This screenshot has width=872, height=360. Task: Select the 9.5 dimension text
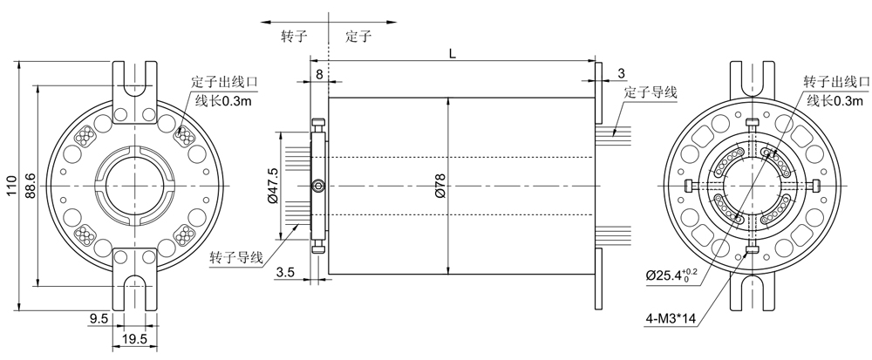point(99,319)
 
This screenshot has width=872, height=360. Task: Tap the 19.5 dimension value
point(134,338)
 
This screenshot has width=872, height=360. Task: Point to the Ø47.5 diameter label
point(273,184)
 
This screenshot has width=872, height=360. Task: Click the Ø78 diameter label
point(439,184)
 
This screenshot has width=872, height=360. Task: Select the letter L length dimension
point(452,54)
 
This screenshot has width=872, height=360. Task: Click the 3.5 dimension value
point(284,273)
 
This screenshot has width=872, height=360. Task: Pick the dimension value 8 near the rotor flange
point(319,75)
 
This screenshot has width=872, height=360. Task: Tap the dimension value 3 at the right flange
point(621,71)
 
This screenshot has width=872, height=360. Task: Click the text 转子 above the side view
point(292,37)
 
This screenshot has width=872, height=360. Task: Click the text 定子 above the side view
point(358,37)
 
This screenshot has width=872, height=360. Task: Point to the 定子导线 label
point(651,92)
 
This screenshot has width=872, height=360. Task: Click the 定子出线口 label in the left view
point(226,83)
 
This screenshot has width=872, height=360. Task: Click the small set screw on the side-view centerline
point(319,186)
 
